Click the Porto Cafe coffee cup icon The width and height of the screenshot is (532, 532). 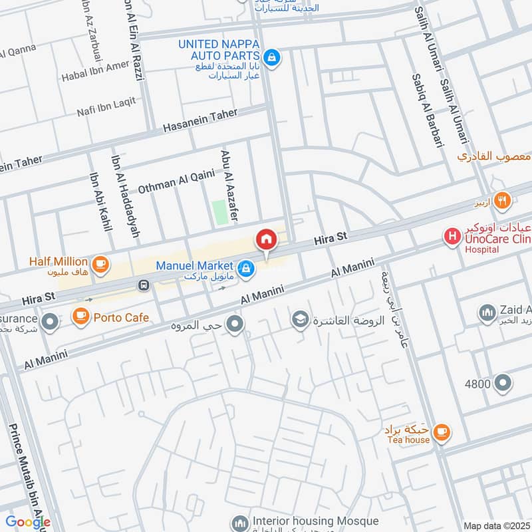(x=81, y=315)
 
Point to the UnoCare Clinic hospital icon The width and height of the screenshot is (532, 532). (x=452, y=235)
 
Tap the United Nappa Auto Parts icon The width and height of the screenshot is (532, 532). (x=271, y=59)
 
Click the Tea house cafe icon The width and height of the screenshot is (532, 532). (x=440, y=433)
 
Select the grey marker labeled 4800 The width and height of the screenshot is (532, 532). (x=503, y=383)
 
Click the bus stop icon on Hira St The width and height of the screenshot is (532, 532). (x=142, y=285)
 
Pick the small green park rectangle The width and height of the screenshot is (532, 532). (x=219, y=212)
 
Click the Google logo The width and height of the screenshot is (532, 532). (x=27, y=521)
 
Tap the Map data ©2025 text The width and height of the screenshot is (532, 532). (x=495, y=525)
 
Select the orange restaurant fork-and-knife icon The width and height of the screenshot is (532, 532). (x=502, y=199)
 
